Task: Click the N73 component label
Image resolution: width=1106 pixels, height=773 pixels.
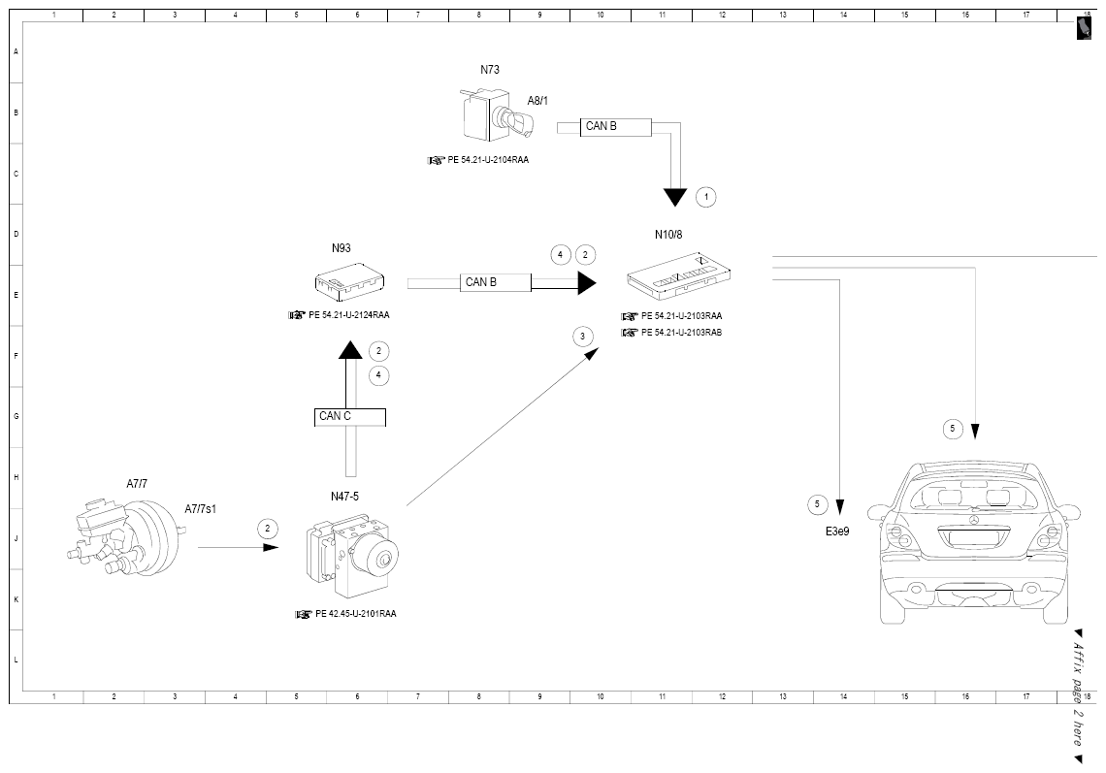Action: point(490,69)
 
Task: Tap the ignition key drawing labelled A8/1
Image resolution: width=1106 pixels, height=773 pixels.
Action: point(516,122)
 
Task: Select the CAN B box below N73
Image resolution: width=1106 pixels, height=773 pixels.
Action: point(615,127)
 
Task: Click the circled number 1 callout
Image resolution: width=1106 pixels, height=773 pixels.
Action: point(706,197)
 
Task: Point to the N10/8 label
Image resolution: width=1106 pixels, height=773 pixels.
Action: point(668,234)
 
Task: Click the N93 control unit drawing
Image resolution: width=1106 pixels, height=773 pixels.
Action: point(349,280)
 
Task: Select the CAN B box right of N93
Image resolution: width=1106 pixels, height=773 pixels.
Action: point(495,282)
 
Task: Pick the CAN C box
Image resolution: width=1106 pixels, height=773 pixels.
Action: point(350,417)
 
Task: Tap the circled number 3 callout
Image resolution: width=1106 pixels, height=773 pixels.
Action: point(583,337)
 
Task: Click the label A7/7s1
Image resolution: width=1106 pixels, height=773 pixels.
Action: point(200,509)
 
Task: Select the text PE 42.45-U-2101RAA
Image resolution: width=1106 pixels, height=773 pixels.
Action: point(355,614)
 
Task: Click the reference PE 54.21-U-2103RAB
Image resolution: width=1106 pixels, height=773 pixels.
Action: point(681,333)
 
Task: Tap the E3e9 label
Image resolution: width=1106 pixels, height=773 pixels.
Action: point(837,531)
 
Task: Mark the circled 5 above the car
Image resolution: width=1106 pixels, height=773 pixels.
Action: point(953,428)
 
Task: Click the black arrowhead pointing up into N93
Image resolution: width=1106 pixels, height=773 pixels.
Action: point(350,350)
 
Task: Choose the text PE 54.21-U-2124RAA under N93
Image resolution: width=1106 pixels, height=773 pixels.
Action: point(349,315)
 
